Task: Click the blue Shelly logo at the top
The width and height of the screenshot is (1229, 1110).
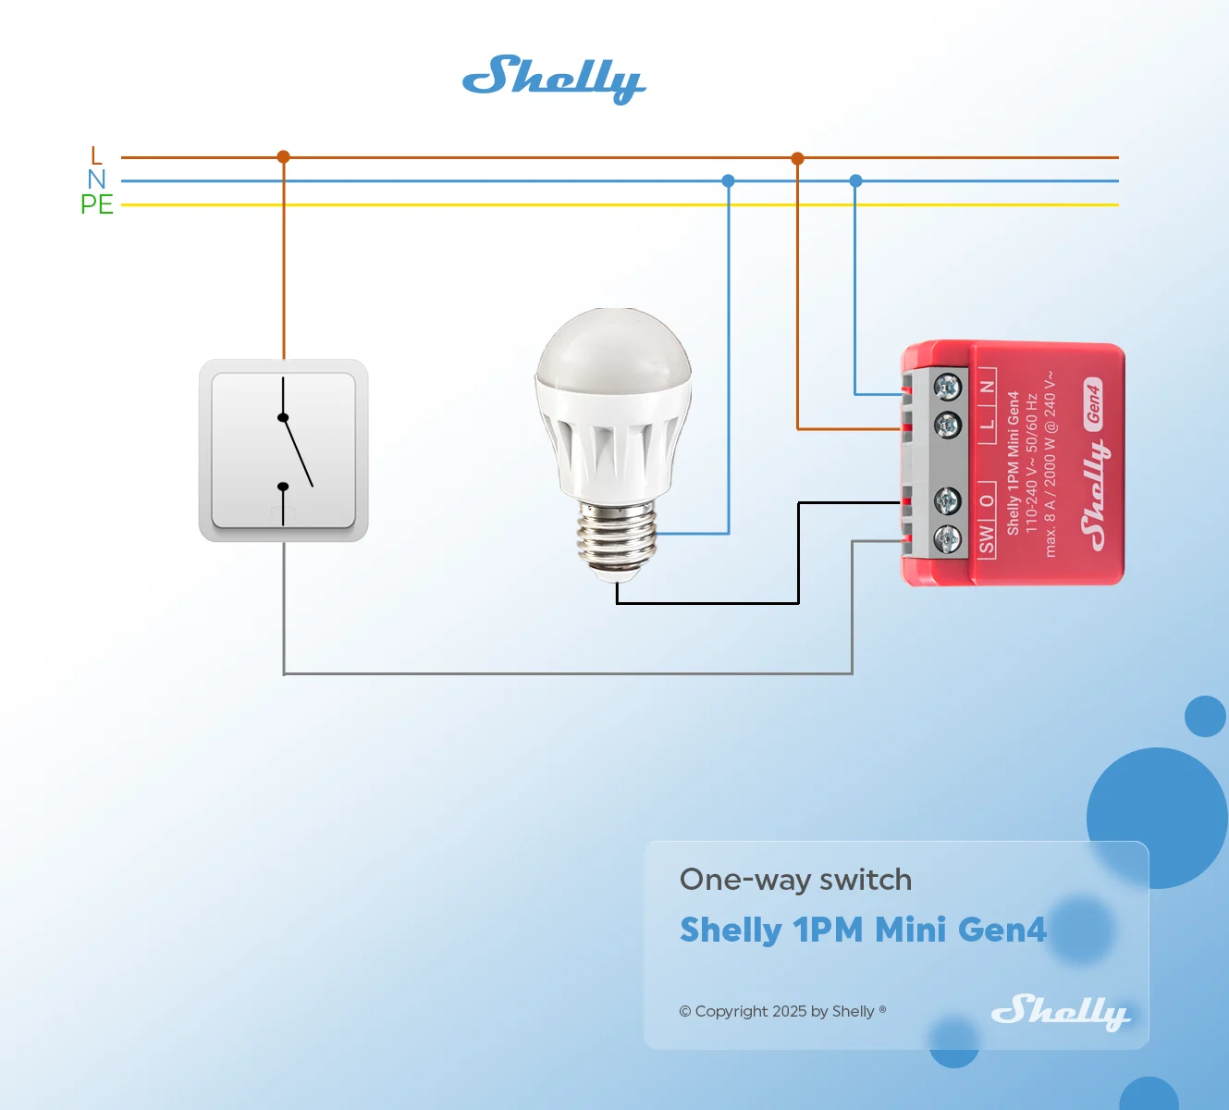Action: click(x=554, y=80)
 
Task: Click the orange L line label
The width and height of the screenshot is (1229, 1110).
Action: click(x=95, y=155)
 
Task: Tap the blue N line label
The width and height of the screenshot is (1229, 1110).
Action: click(x=96, y=179)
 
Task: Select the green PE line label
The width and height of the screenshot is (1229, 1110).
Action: click(x=97, y=204)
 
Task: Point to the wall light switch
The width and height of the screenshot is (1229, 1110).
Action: click(x=283, y=450)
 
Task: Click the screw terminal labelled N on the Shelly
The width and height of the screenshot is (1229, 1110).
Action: click(x=947, y=387)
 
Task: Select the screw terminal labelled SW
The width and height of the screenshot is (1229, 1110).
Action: click(x=947, y=539)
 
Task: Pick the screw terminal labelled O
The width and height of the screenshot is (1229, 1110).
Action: click(x=947, y=500)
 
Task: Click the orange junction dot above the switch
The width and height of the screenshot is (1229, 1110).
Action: click(x=283, y=157)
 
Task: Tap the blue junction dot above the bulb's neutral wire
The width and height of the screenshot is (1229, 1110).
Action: click(x=728, y=180)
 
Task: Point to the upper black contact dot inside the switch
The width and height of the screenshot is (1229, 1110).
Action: click(x=282, y=418)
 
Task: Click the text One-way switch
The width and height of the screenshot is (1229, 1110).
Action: click(x=795, y=880)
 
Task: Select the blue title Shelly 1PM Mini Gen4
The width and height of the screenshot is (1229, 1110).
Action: click(x=863, y=930)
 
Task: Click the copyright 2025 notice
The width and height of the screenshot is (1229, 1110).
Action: click(x=782, y=1011)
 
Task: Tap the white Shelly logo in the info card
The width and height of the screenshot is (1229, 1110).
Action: click(x=1061, y=1012)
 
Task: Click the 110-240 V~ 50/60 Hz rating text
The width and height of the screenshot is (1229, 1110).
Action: click(x=1032, y=463)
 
